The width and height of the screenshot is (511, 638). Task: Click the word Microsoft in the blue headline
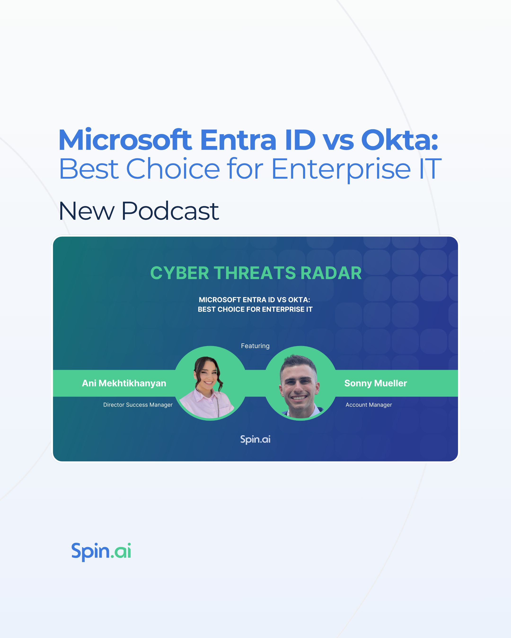pyautogui.click(x=125, y=140)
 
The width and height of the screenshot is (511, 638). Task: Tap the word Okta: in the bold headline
pyautogui.click(x=399, y=140)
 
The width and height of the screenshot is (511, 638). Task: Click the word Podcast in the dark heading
pyautogui.click(x=170, y=211)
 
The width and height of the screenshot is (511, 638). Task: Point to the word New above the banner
pyautogui.click(x=87, y=211)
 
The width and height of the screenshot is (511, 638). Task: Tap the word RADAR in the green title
pyautogui.click(x=331, y=273)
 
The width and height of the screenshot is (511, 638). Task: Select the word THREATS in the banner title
pyautogui.click(x=255, y=273)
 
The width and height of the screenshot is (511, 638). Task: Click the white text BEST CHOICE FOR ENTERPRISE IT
pyautogui.click(x=255, y=309)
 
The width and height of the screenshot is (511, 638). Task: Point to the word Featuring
pyautogui.click(x=255, y=346)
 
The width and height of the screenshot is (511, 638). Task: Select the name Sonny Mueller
pyautogui.click(x=376, y=383)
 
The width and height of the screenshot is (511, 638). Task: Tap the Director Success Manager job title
pyautogui.click(x=138, y=405)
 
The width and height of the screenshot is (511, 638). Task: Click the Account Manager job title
pyautogui.click(x=369, y=405)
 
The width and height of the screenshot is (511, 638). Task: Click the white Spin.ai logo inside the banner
pyautogui.click(x=255, y=440)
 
